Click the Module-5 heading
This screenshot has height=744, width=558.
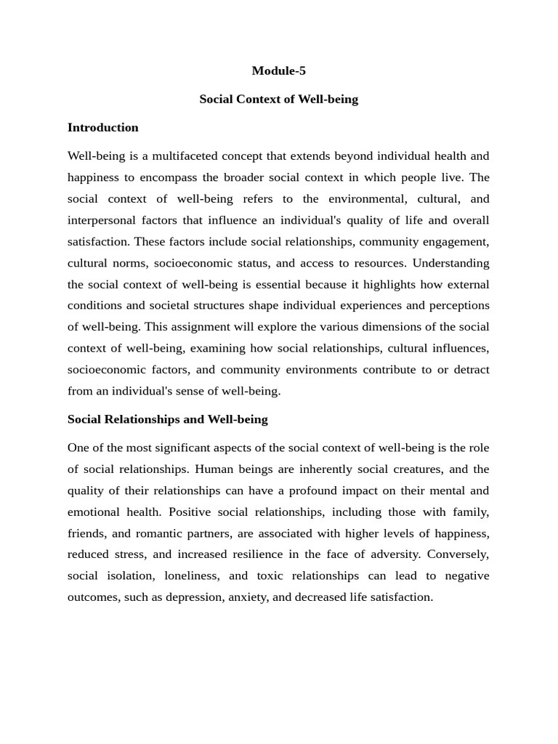coord(278,70)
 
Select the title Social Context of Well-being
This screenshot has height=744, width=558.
coord(278,99)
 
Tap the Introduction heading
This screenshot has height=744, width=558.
coord(102,127)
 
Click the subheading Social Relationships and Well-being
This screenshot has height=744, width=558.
coord(167,419)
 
